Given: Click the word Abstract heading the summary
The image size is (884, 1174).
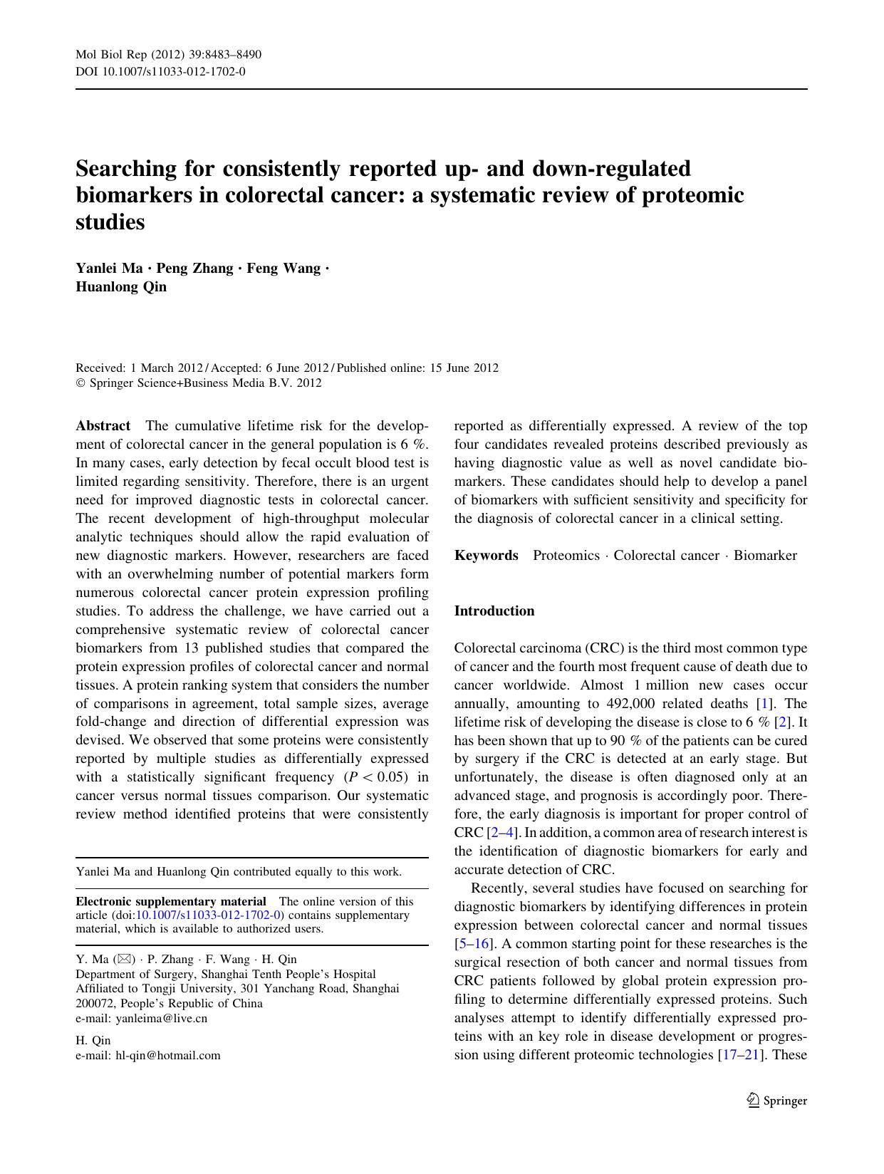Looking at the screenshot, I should (103, 426).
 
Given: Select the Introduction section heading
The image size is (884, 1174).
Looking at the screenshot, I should (494, 611).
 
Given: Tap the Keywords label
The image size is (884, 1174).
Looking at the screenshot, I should (487, 556).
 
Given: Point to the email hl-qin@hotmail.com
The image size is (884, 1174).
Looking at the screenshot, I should (168, 1055).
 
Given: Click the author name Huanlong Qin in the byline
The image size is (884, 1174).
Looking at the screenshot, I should (121, 287).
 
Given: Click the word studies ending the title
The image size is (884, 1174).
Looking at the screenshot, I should (110, 222).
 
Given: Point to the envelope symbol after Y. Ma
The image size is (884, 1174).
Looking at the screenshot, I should (123, 959).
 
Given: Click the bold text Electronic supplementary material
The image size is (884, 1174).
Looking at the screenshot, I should (171, 901).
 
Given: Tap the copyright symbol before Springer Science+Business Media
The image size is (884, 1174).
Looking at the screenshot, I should (80, 383).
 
